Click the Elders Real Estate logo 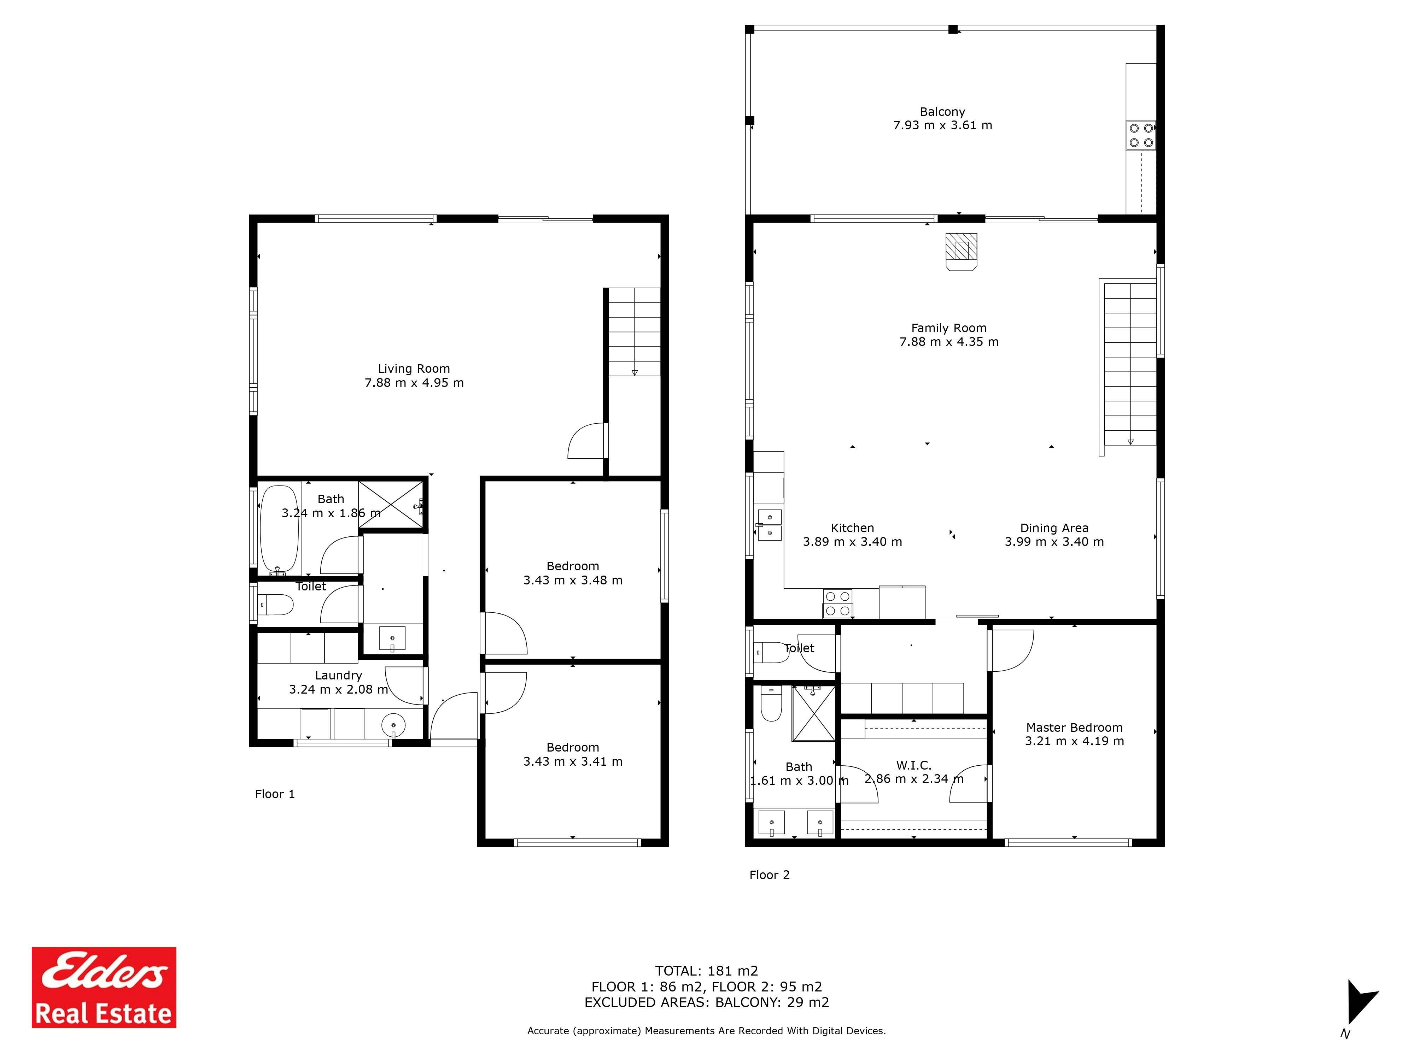(x=104, y=987)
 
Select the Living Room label (x=414, y=369)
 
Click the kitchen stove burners (x=837, y=603)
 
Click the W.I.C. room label (x=913, y=765)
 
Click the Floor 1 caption (x=275, y=794)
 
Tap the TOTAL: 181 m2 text (x=706, y=971)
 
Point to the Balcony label (x=942, y=112)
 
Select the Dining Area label (x=1054, y=528)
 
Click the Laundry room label (x=338, y=675)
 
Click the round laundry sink (x=393, y=725)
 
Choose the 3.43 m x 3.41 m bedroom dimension (x=573, y=762)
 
